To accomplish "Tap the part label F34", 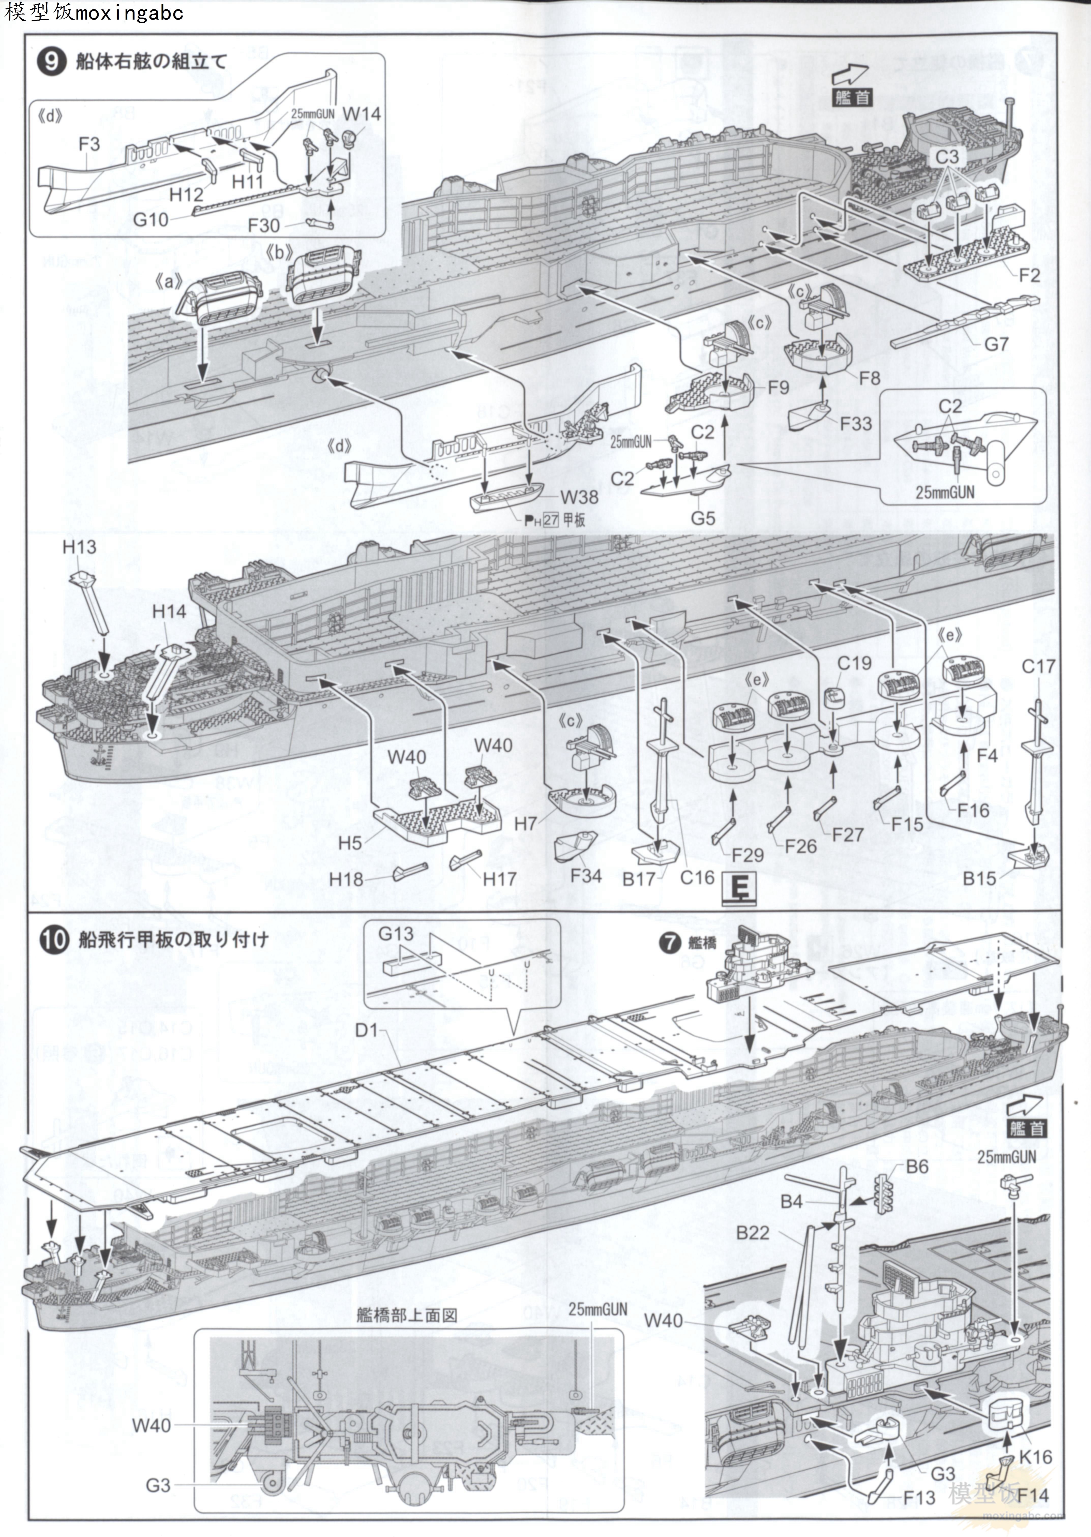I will coord(586,875).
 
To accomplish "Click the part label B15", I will coord(979,878).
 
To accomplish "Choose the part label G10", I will coord(151,220).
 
